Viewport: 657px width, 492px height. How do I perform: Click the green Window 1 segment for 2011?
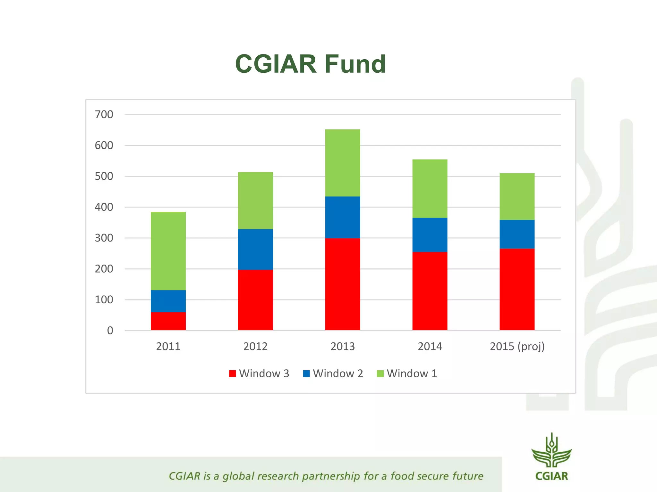(x=168, y=251)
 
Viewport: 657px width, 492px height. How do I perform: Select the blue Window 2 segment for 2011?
(x=168, y=301)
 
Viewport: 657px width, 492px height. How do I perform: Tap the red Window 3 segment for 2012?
(x=255, y=299)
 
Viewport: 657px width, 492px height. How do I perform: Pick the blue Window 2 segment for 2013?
(x=343, y=217)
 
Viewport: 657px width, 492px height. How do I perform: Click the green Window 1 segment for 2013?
(x=343, y=163)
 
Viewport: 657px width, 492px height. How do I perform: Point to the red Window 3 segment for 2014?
(x=430, y=291)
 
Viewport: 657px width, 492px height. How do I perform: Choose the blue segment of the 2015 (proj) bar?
(x=517, y=234)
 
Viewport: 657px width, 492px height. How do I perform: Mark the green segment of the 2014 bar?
(x=430, y=188)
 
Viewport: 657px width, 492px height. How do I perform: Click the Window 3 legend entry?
(x=259, y=373)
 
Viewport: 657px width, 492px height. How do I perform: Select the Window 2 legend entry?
(x=333, y=373)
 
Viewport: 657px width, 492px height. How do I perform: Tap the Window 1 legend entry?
(x=407, y=373)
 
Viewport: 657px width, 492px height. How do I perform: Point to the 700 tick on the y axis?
(x=104, y=114)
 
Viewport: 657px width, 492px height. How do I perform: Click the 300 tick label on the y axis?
(x=104, y=238)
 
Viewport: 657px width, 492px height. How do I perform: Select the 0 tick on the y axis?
(x=110, y=331)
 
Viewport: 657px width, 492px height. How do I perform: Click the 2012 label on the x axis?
(x=255, y=346)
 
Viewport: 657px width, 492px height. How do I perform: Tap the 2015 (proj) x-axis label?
(x=517, y=346)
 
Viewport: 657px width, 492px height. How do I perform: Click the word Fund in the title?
(x=355, y=64)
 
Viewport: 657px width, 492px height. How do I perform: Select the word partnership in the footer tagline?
(x=331, y=477)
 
